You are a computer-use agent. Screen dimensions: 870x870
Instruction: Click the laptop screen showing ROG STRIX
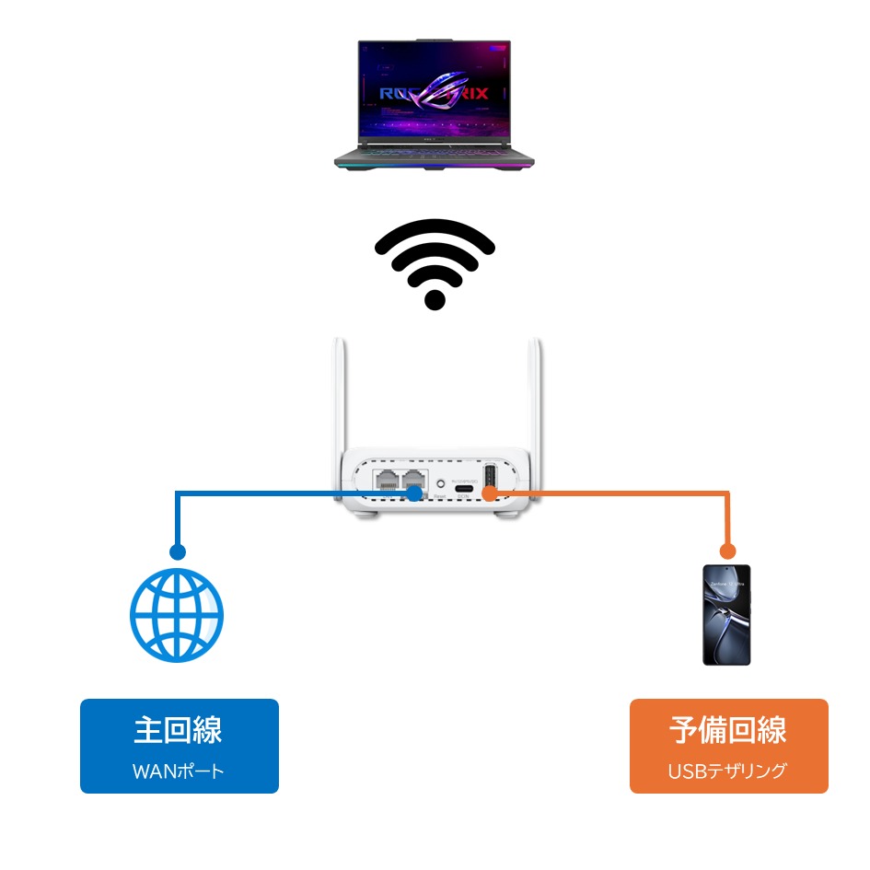[x=435, y=91]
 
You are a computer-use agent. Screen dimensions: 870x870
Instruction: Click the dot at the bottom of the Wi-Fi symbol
[x=435, y=299]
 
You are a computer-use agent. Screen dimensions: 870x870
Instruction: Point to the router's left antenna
[x=336, y=396]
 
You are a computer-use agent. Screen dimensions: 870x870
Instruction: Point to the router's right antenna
[x=533, y=396]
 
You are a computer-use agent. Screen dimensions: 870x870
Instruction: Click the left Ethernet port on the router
[x=385, y=479]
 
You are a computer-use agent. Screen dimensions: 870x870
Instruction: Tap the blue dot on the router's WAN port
[x=415, y=493]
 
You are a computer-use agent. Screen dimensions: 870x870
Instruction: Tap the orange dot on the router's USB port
[x=490, y=493]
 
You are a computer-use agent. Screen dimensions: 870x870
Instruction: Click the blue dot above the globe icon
[x=177, y=552]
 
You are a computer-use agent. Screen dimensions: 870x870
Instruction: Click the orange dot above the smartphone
[x=727, y=552]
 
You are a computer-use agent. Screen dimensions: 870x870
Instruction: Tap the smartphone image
[x=726, y=615]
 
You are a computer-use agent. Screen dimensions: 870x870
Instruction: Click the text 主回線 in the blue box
[x=179, y=731]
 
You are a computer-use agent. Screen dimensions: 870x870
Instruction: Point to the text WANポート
[x=179, y=771]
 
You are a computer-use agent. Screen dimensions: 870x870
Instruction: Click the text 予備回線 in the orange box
[x=728, y=731]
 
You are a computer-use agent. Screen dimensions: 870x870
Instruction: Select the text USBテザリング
[x=728, y=771]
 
